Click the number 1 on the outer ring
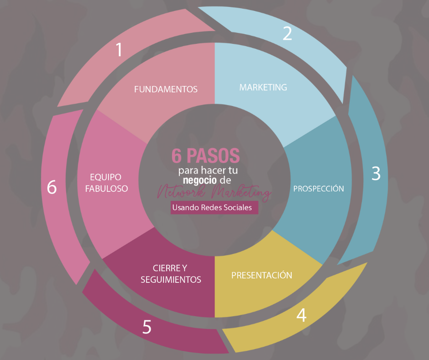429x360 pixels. click(x=119, y=49)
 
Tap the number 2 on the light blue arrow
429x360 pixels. click(x=287, y=34)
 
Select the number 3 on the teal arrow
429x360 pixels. click(x=376, y=174)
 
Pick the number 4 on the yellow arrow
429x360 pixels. click(x=301, y=315)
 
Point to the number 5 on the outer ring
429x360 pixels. click(x=146, y=327)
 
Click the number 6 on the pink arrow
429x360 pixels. click(x=52, y=187)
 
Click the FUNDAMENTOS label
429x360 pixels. click(x=166, y=89)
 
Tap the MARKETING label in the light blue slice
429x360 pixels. click(x=263, y=87)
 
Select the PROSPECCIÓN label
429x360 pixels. click(x=319, y=188)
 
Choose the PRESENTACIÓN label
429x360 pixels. click(x=262, y=275)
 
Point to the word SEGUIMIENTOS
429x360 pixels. click(x=171, y=279)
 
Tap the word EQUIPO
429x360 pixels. click(x=106, y=177)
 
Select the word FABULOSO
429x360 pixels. click(x=106, y=188)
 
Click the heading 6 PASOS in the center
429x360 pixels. click(x=206, y=156)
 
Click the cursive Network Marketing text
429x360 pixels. click(x=214, y=192)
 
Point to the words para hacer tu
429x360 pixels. click(x=208, y=170)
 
